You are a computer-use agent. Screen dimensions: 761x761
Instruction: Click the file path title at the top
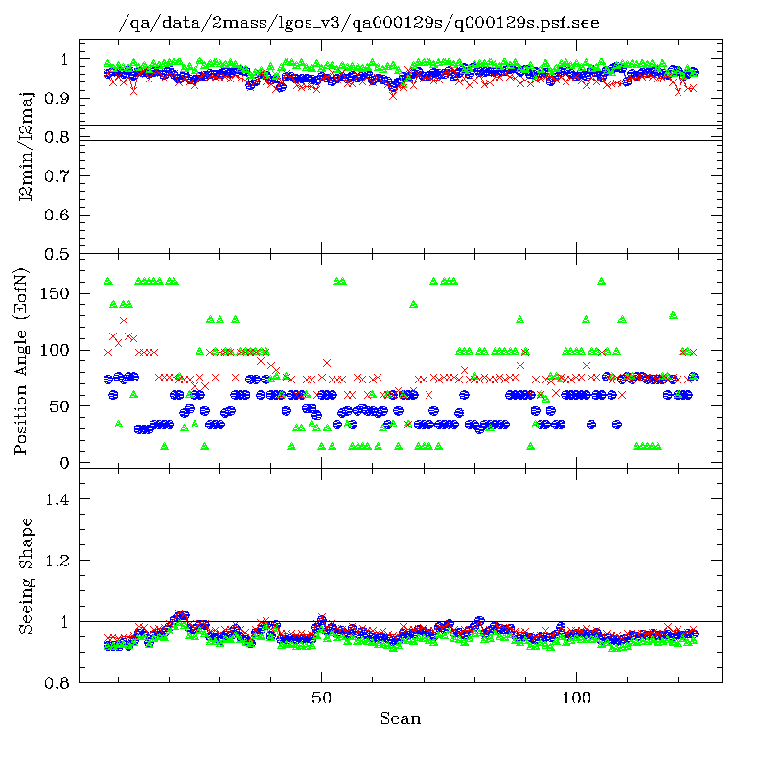(358, 23)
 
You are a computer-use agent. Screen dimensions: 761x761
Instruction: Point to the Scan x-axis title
(400, 718)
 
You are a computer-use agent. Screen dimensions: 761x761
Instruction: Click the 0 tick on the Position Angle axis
(65, 463)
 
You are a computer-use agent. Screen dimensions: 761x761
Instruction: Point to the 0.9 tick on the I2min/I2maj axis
(58, 99)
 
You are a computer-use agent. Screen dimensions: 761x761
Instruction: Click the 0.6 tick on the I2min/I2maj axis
(58, 215)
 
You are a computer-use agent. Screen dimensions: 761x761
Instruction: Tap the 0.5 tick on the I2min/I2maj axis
(58, 254)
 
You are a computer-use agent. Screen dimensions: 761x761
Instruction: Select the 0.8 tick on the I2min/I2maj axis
(58, 138)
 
